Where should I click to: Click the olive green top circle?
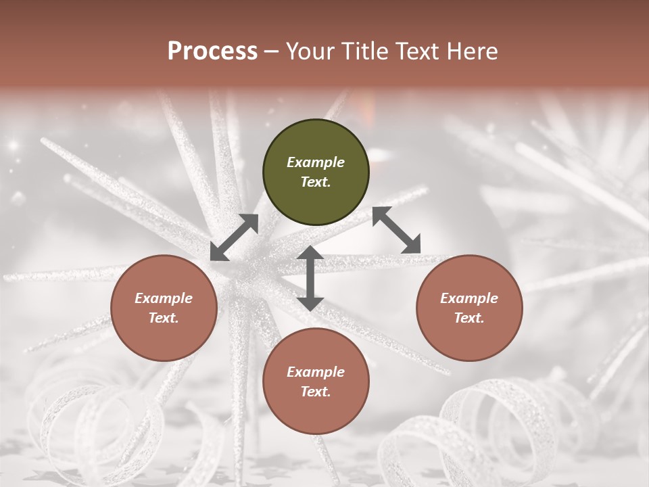[316, 172]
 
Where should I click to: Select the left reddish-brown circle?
[164, 308]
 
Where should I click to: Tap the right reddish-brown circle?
[469, 308]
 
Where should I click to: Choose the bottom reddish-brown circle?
[316, 381]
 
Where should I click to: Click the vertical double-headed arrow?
[310, 278]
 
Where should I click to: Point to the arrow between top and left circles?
[234, 237]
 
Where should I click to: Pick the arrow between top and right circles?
[396, 230]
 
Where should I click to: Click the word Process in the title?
[212, 51]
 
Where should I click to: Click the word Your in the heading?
[307, 51]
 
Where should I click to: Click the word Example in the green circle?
[316, 162]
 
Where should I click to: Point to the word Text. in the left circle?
[164, 318]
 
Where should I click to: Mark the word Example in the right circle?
[469, 298]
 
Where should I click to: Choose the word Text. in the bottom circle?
[316, 392]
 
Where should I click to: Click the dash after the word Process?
[272, 52]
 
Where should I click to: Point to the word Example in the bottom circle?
[316, 372]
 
